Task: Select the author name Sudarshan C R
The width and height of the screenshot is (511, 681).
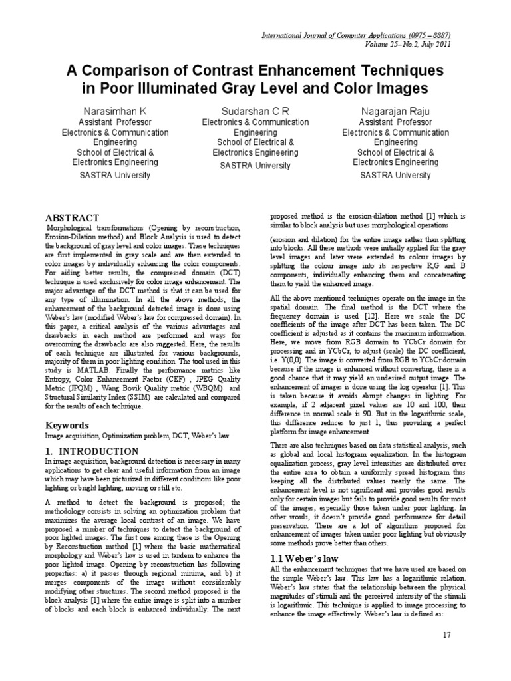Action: [x=255, y=110]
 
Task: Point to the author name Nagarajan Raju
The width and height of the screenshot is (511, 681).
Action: [x=395, y=110]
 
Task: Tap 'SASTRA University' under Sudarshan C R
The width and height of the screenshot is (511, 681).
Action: [x=255, y=165]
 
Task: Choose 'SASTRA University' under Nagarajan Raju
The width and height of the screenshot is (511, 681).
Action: [x=395, y=175]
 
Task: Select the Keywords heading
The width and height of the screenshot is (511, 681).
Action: [x=67, y=424]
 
